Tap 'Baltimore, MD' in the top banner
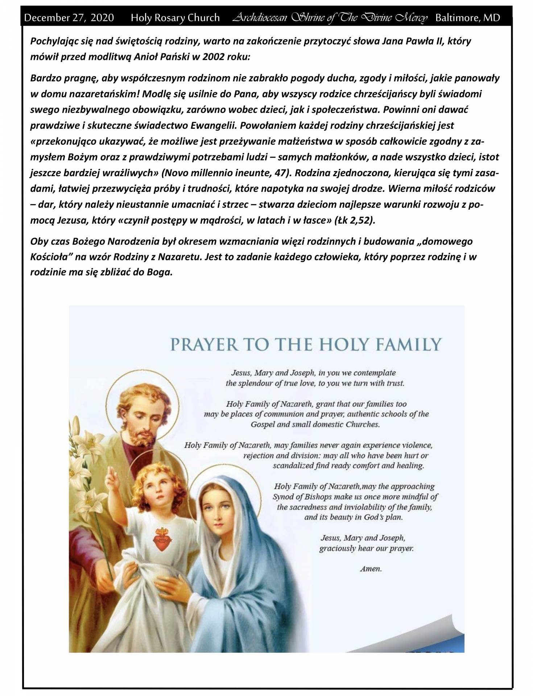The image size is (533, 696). click(x=467, y=17)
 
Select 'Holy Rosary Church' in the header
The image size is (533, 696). click(x=175, y=17)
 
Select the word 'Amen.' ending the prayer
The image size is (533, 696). click(x=371, y=569)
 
